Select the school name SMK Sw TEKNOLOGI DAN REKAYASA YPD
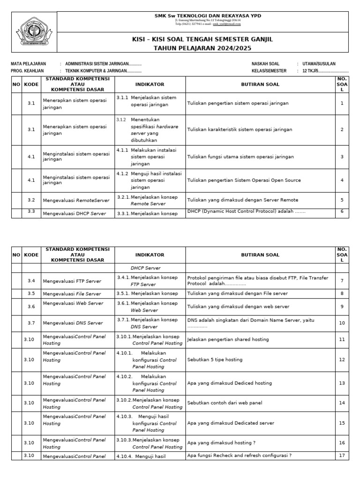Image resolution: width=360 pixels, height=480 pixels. coord(208,15)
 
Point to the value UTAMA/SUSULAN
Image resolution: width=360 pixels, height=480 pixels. coord(319,64)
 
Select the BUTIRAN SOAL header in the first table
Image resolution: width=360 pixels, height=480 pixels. coord(260,84)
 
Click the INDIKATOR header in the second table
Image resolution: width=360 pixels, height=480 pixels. coord(150,255)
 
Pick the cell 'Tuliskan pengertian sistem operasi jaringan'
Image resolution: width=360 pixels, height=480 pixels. coord(238,103)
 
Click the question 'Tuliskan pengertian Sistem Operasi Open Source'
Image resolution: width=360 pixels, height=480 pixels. coord(244,180)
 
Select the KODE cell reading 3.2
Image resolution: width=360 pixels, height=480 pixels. coord(31,200)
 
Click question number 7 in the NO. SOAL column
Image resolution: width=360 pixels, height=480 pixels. coord(342,280)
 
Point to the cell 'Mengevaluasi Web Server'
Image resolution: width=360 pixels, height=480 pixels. coord(73,303)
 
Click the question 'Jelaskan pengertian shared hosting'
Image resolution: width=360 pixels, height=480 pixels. coord(228,339)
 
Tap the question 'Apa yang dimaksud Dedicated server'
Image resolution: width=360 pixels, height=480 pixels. coord(231,423)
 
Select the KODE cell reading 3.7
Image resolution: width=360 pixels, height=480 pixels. coord(31,323)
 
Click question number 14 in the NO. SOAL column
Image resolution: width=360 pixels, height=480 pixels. coord(342,403)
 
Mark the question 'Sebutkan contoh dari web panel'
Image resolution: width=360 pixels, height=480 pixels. coord(225,403)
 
